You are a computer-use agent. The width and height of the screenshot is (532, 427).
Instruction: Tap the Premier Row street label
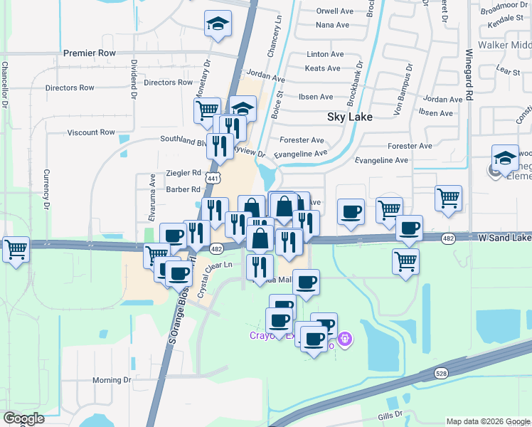coord(89,53)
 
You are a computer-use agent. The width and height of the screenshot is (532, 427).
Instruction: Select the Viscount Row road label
coord(90,132)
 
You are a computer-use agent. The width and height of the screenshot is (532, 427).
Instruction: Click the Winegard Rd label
coord(469,74)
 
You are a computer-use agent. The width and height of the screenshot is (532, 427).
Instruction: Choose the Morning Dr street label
coord(112,380)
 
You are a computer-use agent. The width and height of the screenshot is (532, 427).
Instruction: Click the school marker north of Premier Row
coord(218,23)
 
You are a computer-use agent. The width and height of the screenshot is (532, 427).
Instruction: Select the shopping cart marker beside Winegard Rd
coord(448,199)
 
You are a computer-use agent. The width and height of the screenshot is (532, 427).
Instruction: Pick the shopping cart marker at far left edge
coord(16,250)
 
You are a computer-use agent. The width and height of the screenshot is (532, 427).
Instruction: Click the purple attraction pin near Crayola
coord(345,340)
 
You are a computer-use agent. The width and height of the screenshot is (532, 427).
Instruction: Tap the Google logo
coord(23,418)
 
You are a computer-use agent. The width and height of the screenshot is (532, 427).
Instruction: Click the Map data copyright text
coord(487,421)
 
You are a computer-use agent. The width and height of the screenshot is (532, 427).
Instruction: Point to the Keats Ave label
coord(322,68)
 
